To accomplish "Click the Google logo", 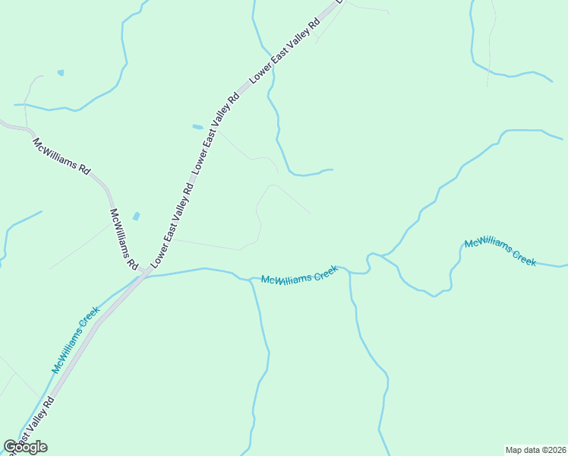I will [x=25, y=447].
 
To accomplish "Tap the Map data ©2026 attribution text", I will [x=535, y=449].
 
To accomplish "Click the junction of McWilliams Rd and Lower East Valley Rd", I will [x=144, y=271].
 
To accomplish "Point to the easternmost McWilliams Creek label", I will [x=500, y=252].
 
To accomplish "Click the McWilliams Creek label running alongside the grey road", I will [x=76, y=339].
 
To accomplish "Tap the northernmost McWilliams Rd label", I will [x=61, y=155].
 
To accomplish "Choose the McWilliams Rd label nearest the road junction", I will [x=124, y=239].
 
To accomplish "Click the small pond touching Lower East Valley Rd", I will [x=197, y=127].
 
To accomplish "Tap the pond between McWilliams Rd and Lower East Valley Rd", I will [x=137, y=217].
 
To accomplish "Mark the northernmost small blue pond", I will [x=60, y=73].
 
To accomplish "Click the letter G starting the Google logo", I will [x=10, y=447].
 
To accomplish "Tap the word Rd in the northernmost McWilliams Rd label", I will [x=84, y=169].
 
